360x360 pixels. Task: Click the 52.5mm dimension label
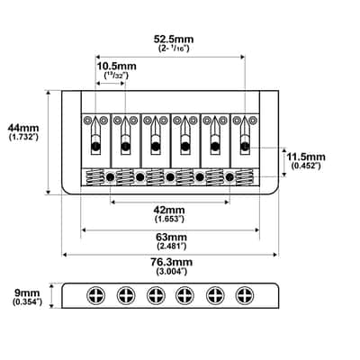pyautogui.click(x=174, y=40)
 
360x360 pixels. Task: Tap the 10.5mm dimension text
pyautogui.click(x=116, y=67)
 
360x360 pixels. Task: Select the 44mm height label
pyautogui.click(x=23, y=128)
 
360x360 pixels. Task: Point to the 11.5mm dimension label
pyautogui.click(x=306, y=157)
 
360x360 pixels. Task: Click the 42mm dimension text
pyautogui.click(x=169, y=210)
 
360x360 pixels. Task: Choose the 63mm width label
pyautogui.click(x=171, y=237)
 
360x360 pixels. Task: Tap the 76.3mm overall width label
pyautogui.click(x=171, y=262)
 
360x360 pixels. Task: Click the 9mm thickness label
pyautogui.click(x=27, y=292)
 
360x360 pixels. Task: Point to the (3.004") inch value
pyautogui.click(x=172, y=272)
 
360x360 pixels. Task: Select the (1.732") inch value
pyautogui.click(x=23, y=138)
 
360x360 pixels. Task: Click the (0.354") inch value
pyautogui.click(x=27, y=301)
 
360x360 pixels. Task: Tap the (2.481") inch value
pyautogui.click(x=172, y=247)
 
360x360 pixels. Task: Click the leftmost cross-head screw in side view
pyautogui.click(x=96, y=295)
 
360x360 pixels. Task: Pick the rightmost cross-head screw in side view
pyautogui.click(x=245, y=295)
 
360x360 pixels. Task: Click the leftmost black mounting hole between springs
pyautogui.click(x=110, y=177)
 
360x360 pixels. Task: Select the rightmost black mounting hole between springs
pyautogui.click(x=229, y=177)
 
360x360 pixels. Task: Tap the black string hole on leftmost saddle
pyautogui.click(x=95, y=147)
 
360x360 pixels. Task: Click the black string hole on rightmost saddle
pyautogui.click(x=245, y=147)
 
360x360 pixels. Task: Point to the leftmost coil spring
pyautogui.click(x=94, y=177)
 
